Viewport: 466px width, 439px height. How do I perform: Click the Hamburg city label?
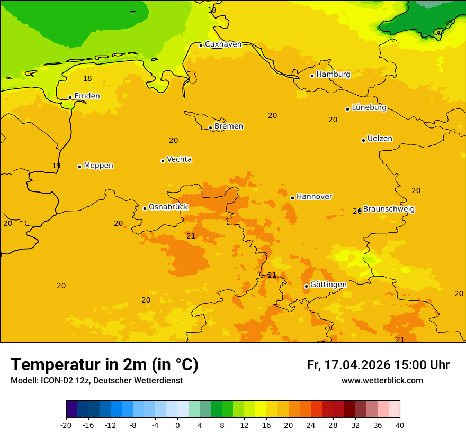click(333, 75)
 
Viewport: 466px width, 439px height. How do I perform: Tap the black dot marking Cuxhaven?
click(201, 45)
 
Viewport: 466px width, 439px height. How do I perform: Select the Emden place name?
click(87, 96)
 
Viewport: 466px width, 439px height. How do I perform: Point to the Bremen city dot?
click(210, 127)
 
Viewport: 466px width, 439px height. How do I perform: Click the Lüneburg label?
click(369, 107)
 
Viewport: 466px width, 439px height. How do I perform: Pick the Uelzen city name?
click(380, 139)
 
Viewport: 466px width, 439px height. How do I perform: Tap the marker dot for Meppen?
click(79, 167)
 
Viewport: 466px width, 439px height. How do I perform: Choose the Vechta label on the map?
click(179, 159)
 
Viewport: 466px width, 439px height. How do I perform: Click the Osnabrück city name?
click(168, 207)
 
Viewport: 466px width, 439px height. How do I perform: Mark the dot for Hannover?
click(292, 198)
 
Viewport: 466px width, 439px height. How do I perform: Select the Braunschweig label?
click(389, 209)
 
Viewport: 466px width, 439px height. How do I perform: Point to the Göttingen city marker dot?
click(306, 286)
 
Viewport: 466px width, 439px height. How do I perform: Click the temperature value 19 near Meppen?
click(56, 166)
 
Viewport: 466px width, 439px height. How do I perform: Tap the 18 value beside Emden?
click(87, 79)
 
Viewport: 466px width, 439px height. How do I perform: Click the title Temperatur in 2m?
click(104, 364)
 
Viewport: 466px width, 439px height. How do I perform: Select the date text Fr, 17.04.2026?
click(348, 365)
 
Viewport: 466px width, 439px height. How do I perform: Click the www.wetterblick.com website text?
click(382, 381)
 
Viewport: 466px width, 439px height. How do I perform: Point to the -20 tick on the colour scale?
click(66, 425)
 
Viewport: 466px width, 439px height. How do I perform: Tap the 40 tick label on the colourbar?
click(400, 425)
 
